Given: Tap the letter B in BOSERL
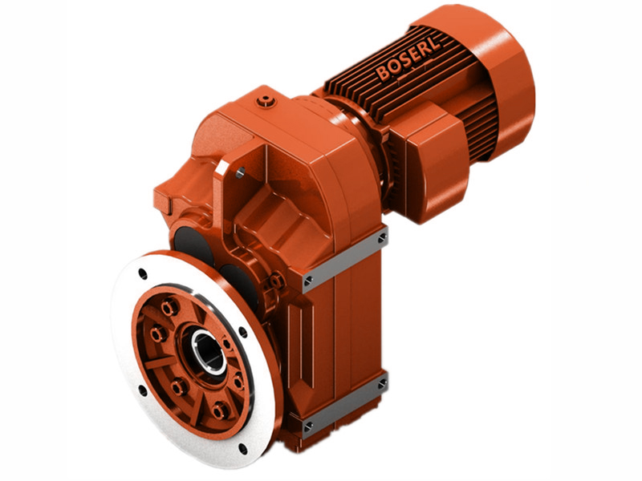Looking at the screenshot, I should pyautogui.click(x=383, y=75).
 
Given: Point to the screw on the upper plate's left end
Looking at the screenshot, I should pyautogui.click(x=308, y=280).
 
